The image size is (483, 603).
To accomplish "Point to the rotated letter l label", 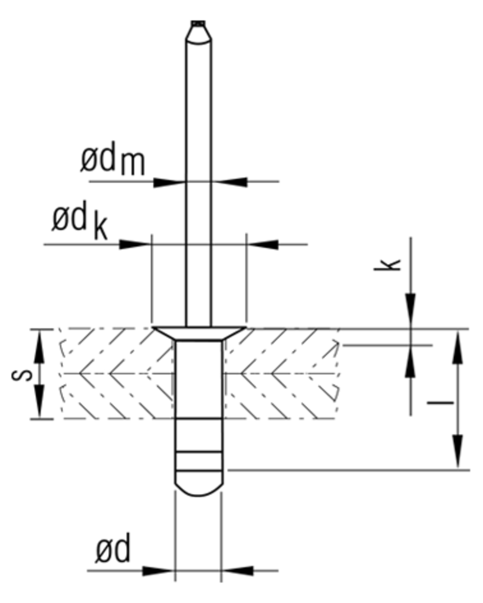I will pos(440,402).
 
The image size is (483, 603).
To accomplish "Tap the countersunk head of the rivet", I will pos(199,333).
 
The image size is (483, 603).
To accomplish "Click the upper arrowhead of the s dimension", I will pos(39,345).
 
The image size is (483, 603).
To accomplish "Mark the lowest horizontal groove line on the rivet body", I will pos(198,471).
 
